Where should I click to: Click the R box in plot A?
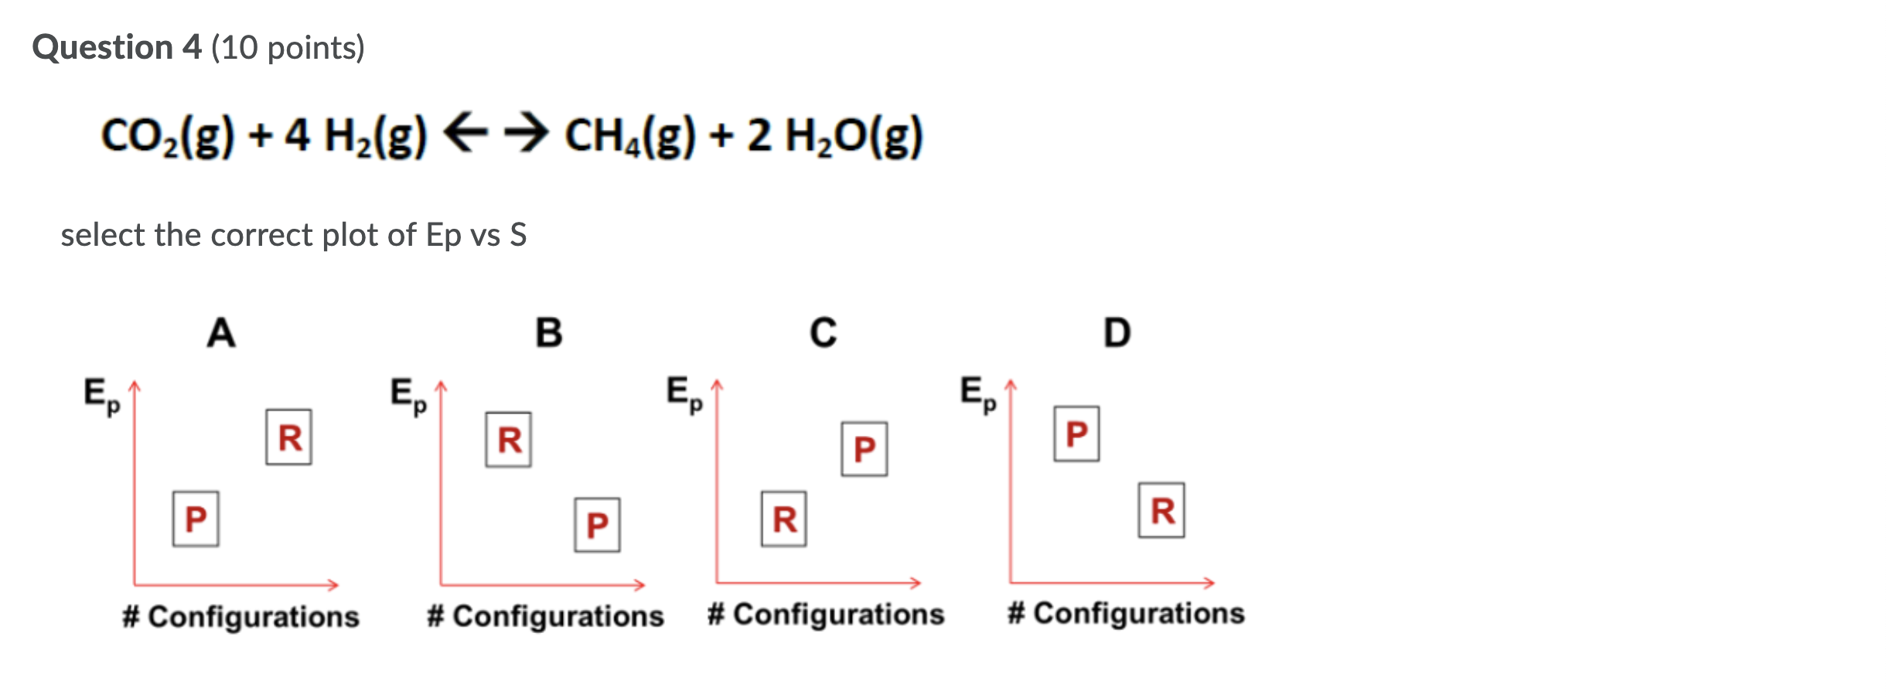tap(288, 438)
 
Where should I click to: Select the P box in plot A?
tap(196, 519)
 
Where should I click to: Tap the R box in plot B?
tap(508, 440)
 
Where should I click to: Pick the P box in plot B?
tap(597, 525)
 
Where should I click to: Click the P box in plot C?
tap(865, 449)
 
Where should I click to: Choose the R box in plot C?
tap(783, 519)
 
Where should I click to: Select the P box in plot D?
tap(1076, 434)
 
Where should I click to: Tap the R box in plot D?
tap(1161, 510)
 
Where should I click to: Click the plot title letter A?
tap(221, 333)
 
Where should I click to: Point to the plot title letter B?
tap(549, 333)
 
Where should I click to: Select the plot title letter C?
tap(823, 333)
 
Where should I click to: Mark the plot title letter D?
tap(1117, 333)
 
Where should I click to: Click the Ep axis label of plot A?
tap(101, 395)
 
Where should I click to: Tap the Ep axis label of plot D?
tap(977, 393)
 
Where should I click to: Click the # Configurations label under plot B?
tap(545, 616)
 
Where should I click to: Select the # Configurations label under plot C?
tap(826, 615)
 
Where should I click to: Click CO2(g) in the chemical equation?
tap(167, 136)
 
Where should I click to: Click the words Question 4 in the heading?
tap(117, 48)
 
